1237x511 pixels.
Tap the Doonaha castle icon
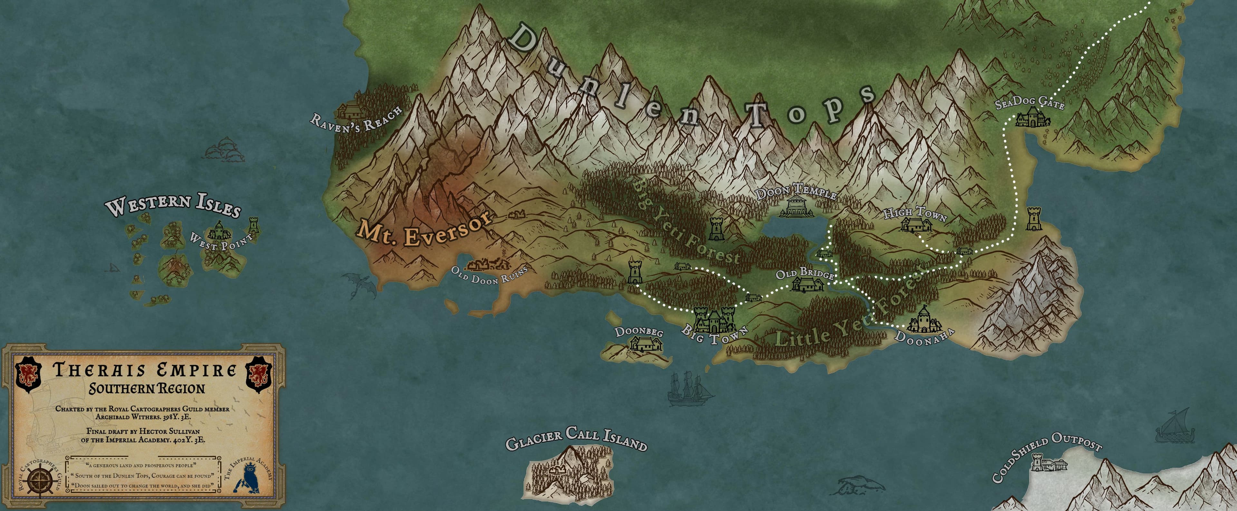(x=923, y=320)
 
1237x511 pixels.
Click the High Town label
(x=915, y=214)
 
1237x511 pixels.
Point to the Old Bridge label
(x=804, y=274)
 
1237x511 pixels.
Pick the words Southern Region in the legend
(x=147, y=388)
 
